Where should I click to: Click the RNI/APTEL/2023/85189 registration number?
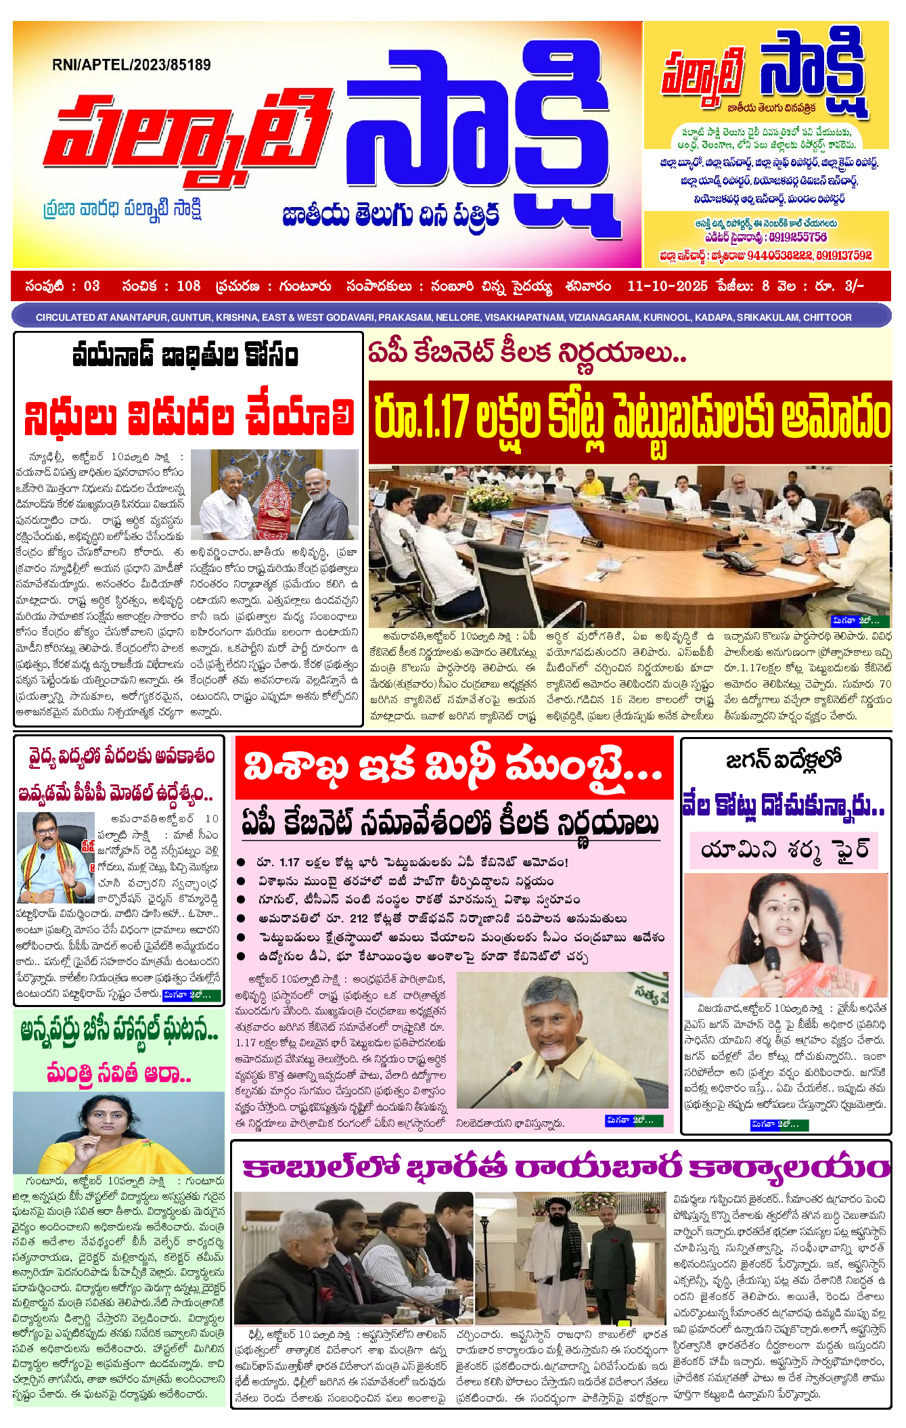point(131,65)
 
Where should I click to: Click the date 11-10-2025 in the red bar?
point(667,286)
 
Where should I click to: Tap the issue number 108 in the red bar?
point(189,286)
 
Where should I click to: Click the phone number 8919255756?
point(798,238)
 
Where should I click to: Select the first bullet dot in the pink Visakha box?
point(241,862)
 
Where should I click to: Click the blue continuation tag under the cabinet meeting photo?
point(857,621)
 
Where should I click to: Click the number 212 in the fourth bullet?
point(359,919)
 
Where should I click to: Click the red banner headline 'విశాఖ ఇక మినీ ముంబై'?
point(453,769)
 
